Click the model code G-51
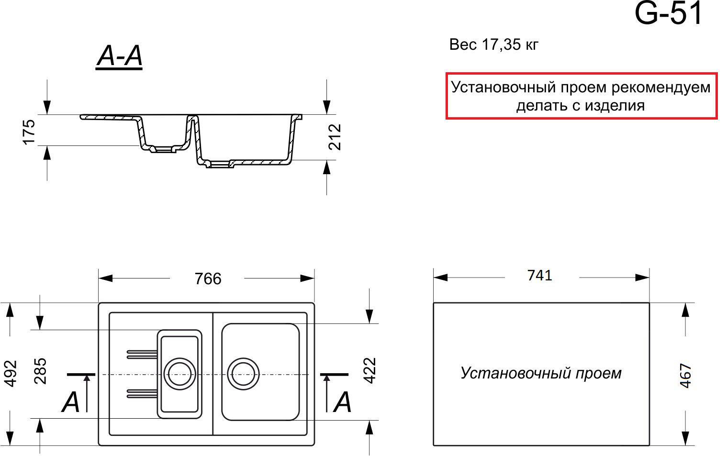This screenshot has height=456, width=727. click(668, 13)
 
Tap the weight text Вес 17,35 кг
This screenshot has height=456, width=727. click(493, 45)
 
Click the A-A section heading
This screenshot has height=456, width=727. click(120, 56)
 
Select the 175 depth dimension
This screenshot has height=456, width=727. click(29, 132)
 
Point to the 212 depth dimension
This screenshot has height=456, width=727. click(335, 137)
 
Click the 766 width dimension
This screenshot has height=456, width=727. click(208, 279)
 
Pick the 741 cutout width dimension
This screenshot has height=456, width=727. click(539, 276)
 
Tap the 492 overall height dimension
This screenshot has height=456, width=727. click(11, 374)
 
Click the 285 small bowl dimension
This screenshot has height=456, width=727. click(41, 371)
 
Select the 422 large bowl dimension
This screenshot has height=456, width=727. click(370, 371)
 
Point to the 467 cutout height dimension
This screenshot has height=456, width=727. click(685, 375)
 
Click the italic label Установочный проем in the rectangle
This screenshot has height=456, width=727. click(541, 373)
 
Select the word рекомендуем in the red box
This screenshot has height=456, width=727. click(661, 88)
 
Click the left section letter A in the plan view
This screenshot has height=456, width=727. click(70, 402)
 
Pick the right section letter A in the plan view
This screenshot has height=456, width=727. click(342, 402)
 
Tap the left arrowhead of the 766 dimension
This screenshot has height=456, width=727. click(105, 278)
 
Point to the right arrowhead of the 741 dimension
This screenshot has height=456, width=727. click(642, 278)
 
